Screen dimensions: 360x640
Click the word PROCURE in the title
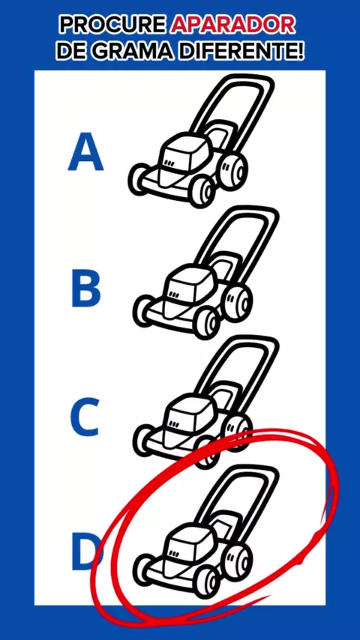(113, 25)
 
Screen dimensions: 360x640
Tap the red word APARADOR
(233, 25)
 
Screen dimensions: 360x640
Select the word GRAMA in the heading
(138, 51)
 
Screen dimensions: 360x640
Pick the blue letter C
(85, 417)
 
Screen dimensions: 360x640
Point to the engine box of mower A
(183, 157)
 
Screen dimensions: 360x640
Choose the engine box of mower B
(188, 290)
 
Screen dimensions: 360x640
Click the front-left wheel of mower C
(144, 440)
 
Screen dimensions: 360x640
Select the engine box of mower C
(188, 419)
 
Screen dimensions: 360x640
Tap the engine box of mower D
(188, 546)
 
